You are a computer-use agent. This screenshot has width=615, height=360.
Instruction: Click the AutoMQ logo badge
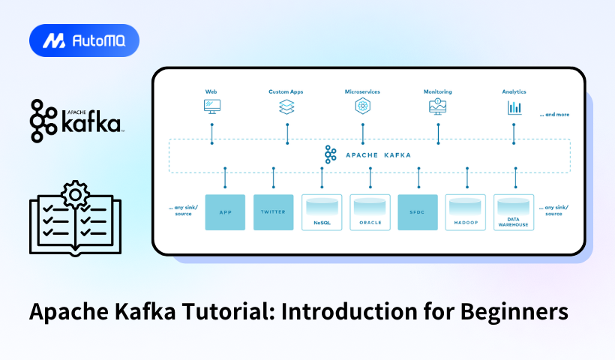point(84,40)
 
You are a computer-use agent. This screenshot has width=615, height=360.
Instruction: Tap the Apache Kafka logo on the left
point(76,121)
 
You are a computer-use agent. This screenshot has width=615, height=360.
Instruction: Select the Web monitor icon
point(211,106)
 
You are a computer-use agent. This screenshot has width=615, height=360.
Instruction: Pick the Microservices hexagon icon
point(362,106)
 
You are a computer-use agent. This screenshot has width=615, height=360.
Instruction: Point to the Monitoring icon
point(437,106)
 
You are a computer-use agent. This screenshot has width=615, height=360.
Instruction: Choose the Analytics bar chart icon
point(514,106)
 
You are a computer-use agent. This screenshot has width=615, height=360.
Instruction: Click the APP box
point(224,211)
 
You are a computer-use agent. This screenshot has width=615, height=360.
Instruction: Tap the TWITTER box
point(273,211)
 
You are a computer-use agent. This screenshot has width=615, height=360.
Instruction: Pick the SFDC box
point(418,211)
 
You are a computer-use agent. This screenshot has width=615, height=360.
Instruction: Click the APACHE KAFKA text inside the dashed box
point(378,155)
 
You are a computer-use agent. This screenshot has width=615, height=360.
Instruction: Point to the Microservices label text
point(362,91)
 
